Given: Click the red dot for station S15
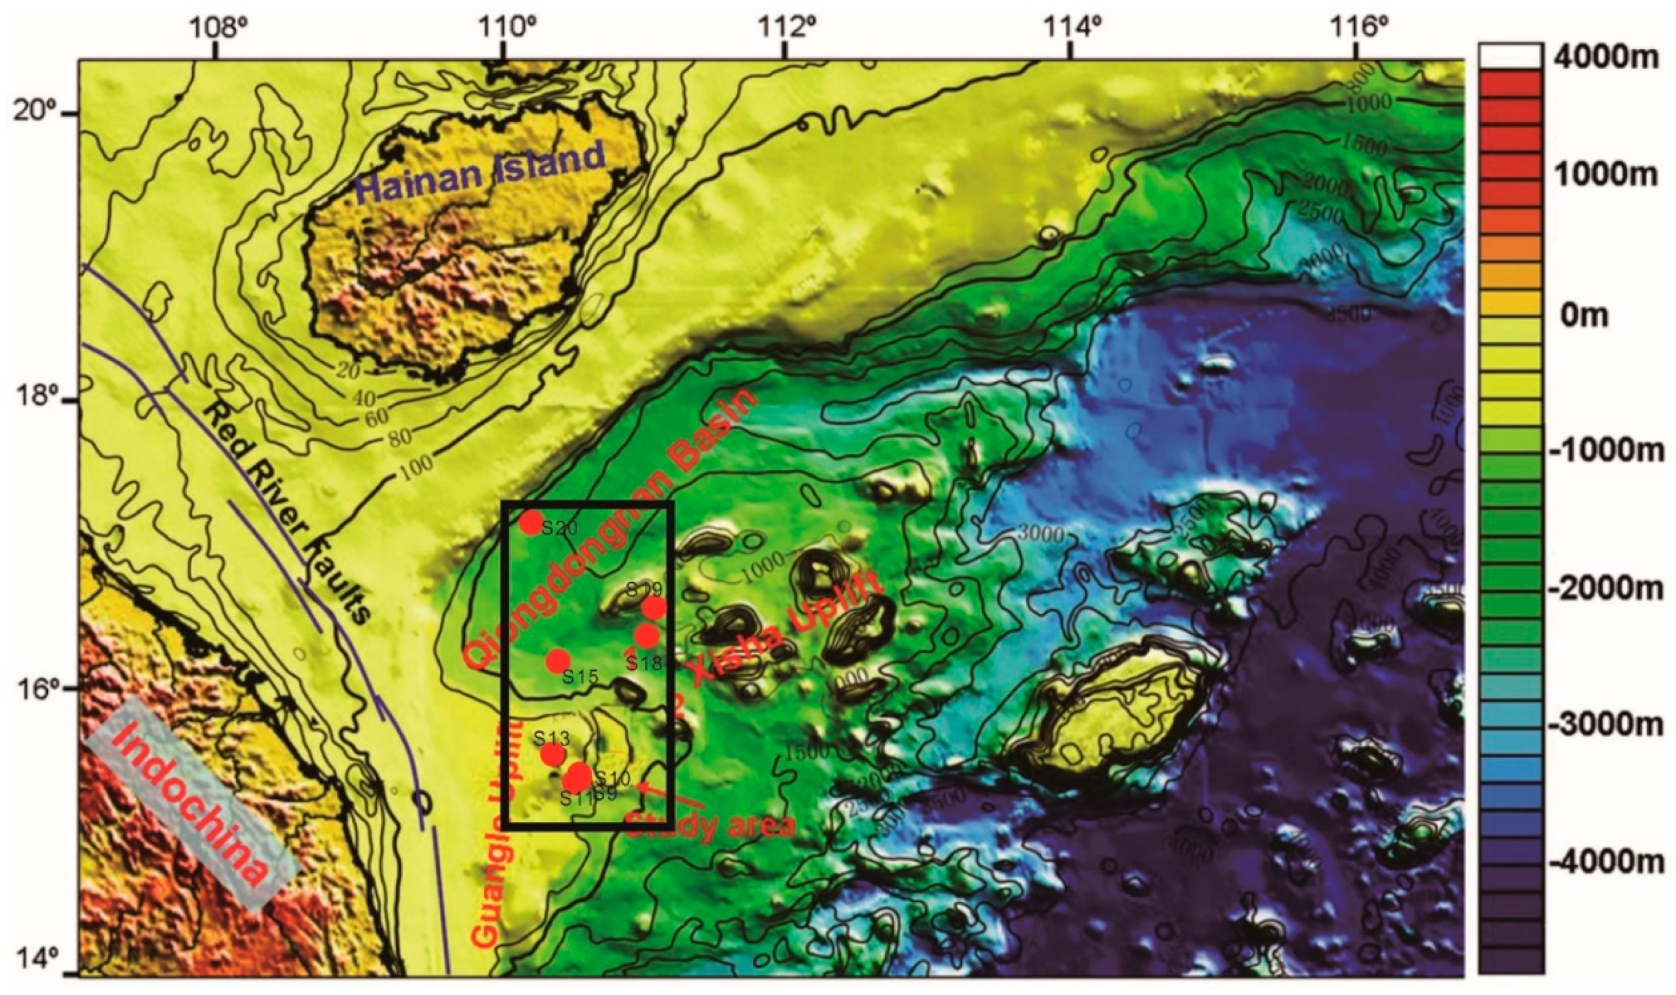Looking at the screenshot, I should point(558,661).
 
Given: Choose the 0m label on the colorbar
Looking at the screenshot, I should point(1585,314).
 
